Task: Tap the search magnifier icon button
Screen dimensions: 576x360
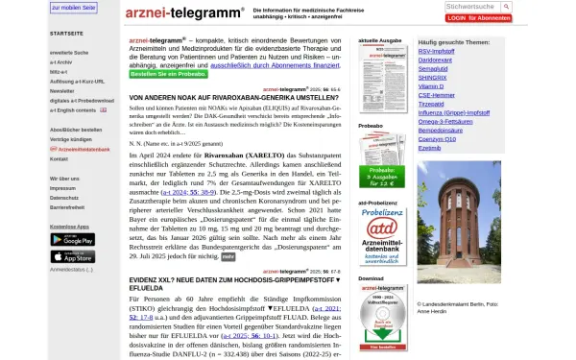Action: click(505, 7)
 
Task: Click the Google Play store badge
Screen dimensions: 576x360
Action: click(73, 239)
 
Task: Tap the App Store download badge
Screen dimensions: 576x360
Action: click(73, 256)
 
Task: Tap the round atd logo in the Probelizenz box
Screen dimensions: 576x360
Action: click(381, 228)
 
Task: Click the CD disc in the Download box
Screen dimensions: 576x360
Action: click(381, 322)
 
